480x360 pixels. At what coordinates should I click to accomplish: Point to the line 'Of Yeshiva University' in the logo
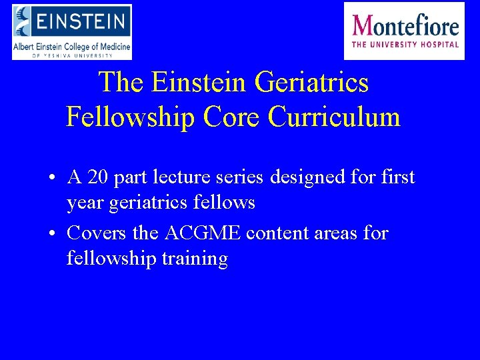click(72, 55)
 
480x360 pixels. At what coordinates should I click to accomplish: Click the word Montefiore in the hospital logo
click(405, 27)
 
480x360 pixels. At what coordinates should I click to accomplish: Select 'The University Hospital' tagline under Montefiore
click(405, 45)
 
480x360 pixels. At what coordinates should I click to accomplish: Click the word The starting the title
click(121, 83)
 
